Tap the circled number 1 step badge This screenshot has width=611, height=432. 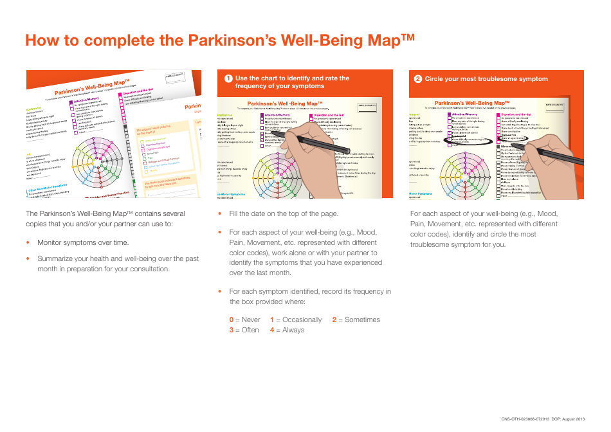[228, 79]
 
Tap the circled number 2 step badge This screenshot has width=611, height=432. [418, 79]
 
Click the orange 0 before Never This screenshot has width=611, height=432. [232, 319]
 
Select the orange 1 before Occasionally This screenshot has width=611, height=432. [272, 319]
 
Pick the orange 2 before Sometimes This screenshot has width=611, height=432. [334, 319]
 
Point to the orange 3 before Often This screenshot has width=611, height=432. [232, 330]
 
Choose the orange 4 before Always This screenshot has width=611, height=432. [272, 330]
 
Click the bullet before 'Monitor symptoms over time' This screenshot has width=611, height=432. [28, 243]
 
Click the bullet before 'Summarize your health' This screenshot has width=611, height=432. [28, 258]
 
